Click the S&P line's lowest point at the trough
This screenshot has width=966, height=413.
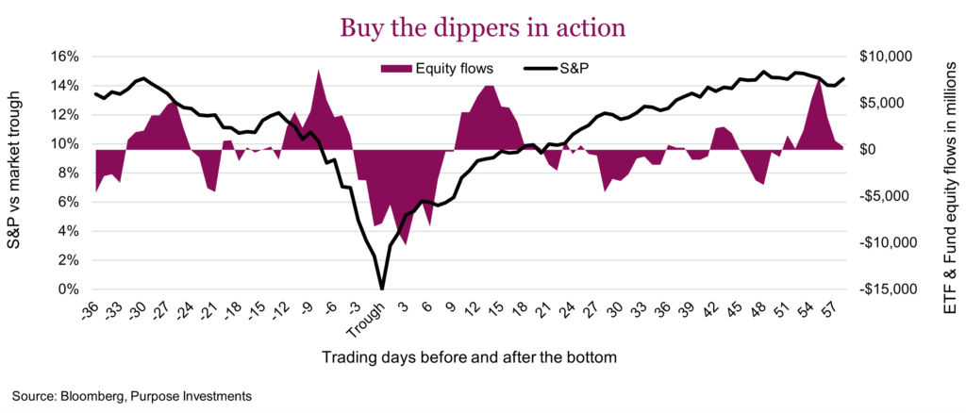pyautogui.click(x=381, y=289)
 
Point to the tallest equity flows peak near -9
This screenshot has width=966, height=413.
pyautogui.click(x=319, y=71)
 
